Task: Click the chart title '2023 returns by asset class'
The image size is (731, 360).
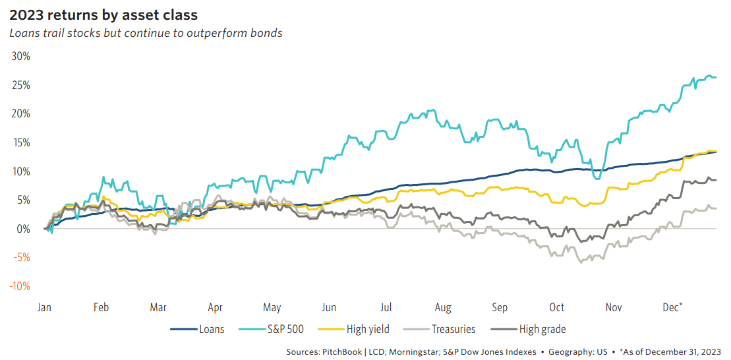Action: [103, 14]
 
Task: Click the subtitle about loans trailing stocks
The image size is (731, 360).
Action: [146, 33]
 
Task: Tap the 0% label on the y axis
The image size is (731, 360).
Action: [23, 229]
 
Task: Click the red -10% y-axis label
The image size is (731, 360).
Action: [20, 286]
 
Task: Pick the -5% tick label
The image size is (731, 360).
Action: [21, 258]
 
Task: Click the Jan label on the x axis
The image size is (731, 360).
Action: [44, 307]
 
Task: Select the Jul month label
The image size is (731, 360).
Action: [386, 307]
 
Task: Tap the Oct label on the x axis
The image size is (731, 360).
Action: [557, 307]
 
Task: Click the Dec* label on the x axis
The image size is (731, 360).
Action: [672, 307]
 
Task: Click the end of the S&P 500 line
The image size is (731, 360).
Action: [716, 77]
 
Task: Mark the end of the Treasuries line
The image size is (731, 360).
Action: [716, 208]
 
